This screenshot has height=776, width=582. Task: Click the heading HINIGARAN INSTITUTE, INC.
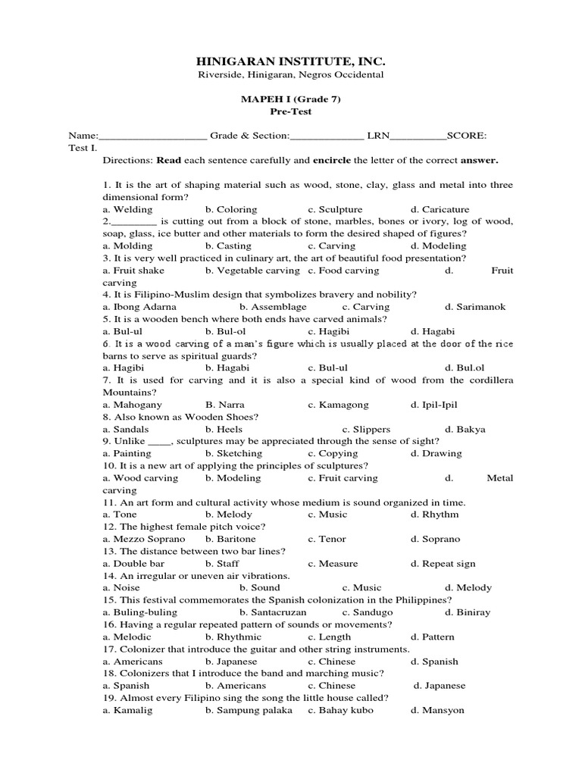click(x=290, y=61)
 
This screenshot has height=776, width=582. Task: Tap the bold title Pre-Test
click(x=291, y=111)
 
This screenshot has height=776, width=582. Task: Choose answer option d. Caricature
click(x=440, y=209)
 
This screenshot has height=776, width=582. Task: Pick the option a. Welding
click(x=127, y=209)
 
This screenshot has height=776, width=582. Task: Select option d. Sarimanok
click(x=475, y=307)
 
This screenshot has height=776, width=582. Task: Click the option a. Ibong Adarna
click(x=139, y=307)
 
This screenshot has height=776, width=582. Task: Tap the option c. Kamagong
click(x=337, y=405)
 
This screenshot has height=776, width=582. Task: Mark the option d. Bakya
click(x=465, y=429)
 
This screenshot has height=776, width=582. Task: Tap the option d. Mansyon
click(x=437, y=710)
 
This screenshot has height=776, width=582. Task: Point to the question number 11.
click(x=108, y=502)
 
